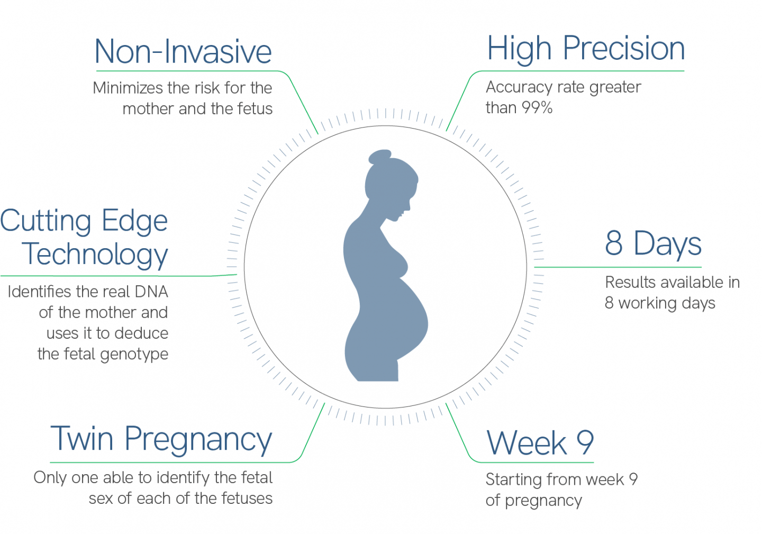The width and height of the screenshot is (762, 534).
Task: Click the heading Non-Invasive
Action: pos(183,52)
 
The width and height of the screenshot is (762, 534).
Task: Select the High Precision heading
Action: pos(586,49)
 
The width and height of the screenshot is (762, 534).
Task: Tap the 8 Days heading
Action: pos(653,244)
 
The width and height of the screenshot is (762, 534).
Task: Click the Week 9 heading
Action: pos(540,443)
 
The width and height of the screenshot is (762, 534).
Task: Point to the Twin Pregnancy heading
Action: pos(161,440)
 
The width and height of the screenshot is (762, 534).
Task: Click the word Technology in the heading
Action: pos(95,255)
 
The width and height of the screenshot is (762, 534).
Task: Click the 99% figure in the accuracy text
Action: pos(537,108)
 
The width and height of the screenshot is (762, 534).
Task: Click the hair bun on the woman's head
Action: pos(380,157)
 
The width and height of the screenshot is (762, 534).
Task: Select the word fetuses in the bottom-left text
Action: pos(247,499)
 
